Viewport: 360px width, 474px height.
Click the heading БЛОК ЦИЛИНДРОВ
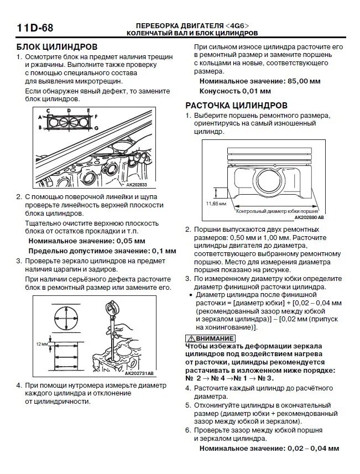pyautogui.click(x=56, y=46)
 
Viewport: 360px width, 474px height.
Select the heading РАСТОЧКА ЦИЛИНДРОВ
pyautogui.click(x=236, y=105)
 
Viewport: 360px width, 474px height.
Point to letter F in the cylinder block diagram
pyautogui.click(x=96, y=117)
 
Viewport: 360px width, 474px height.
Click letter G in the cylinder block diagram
pyautogui.click(x=96, y=128)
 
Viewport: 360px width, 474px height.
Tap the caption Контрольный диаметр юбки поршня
pyautogui.click(x=277, y=211)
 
